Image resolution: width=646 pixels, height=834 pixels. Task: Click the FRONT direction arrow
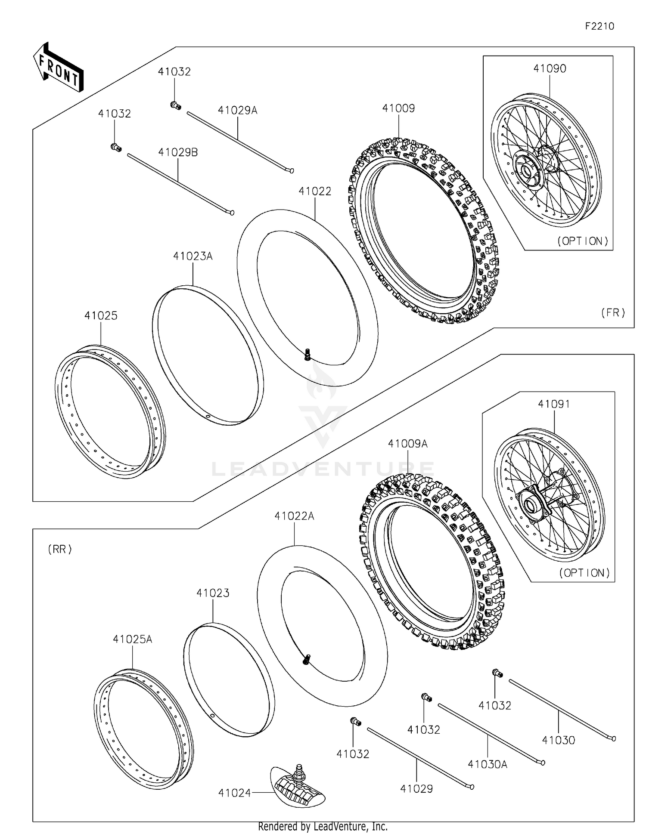click(58, 68)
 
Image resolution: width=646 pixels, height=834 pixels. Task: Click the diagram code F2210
click(599, 26)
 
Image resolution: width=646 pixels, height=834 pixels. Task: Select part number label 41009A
click(407, 444)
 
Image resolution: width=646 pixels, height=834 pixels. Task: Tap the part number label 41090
click(550, 68)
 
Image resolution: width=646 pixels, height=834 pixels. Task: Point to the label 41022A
click(294, 516)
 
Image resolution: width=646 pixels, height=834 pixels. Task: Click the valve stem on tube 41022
click(307, 354)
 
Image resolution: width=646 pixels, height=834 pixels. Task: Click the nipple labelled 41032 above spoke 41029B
click(115, 147)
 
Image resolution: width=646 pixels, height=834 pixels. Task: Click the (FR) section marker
click(613, 312)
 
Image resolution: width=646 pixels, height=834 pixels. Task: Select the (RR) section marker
click(60, 549)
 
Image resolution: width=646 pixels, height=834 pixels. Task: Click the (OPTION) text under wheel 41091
click(584, 573)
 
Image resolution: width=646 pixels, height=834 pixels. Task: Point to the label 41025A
click(132, 639)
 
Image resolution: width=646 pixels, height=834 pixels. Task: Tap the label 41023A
click(193, 256)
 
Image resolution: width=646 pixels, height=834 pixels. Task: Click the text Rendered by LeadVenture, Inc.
click(323, 826)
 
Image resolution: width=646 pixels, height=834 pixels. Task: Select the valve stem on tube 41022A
click(307, 658)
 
